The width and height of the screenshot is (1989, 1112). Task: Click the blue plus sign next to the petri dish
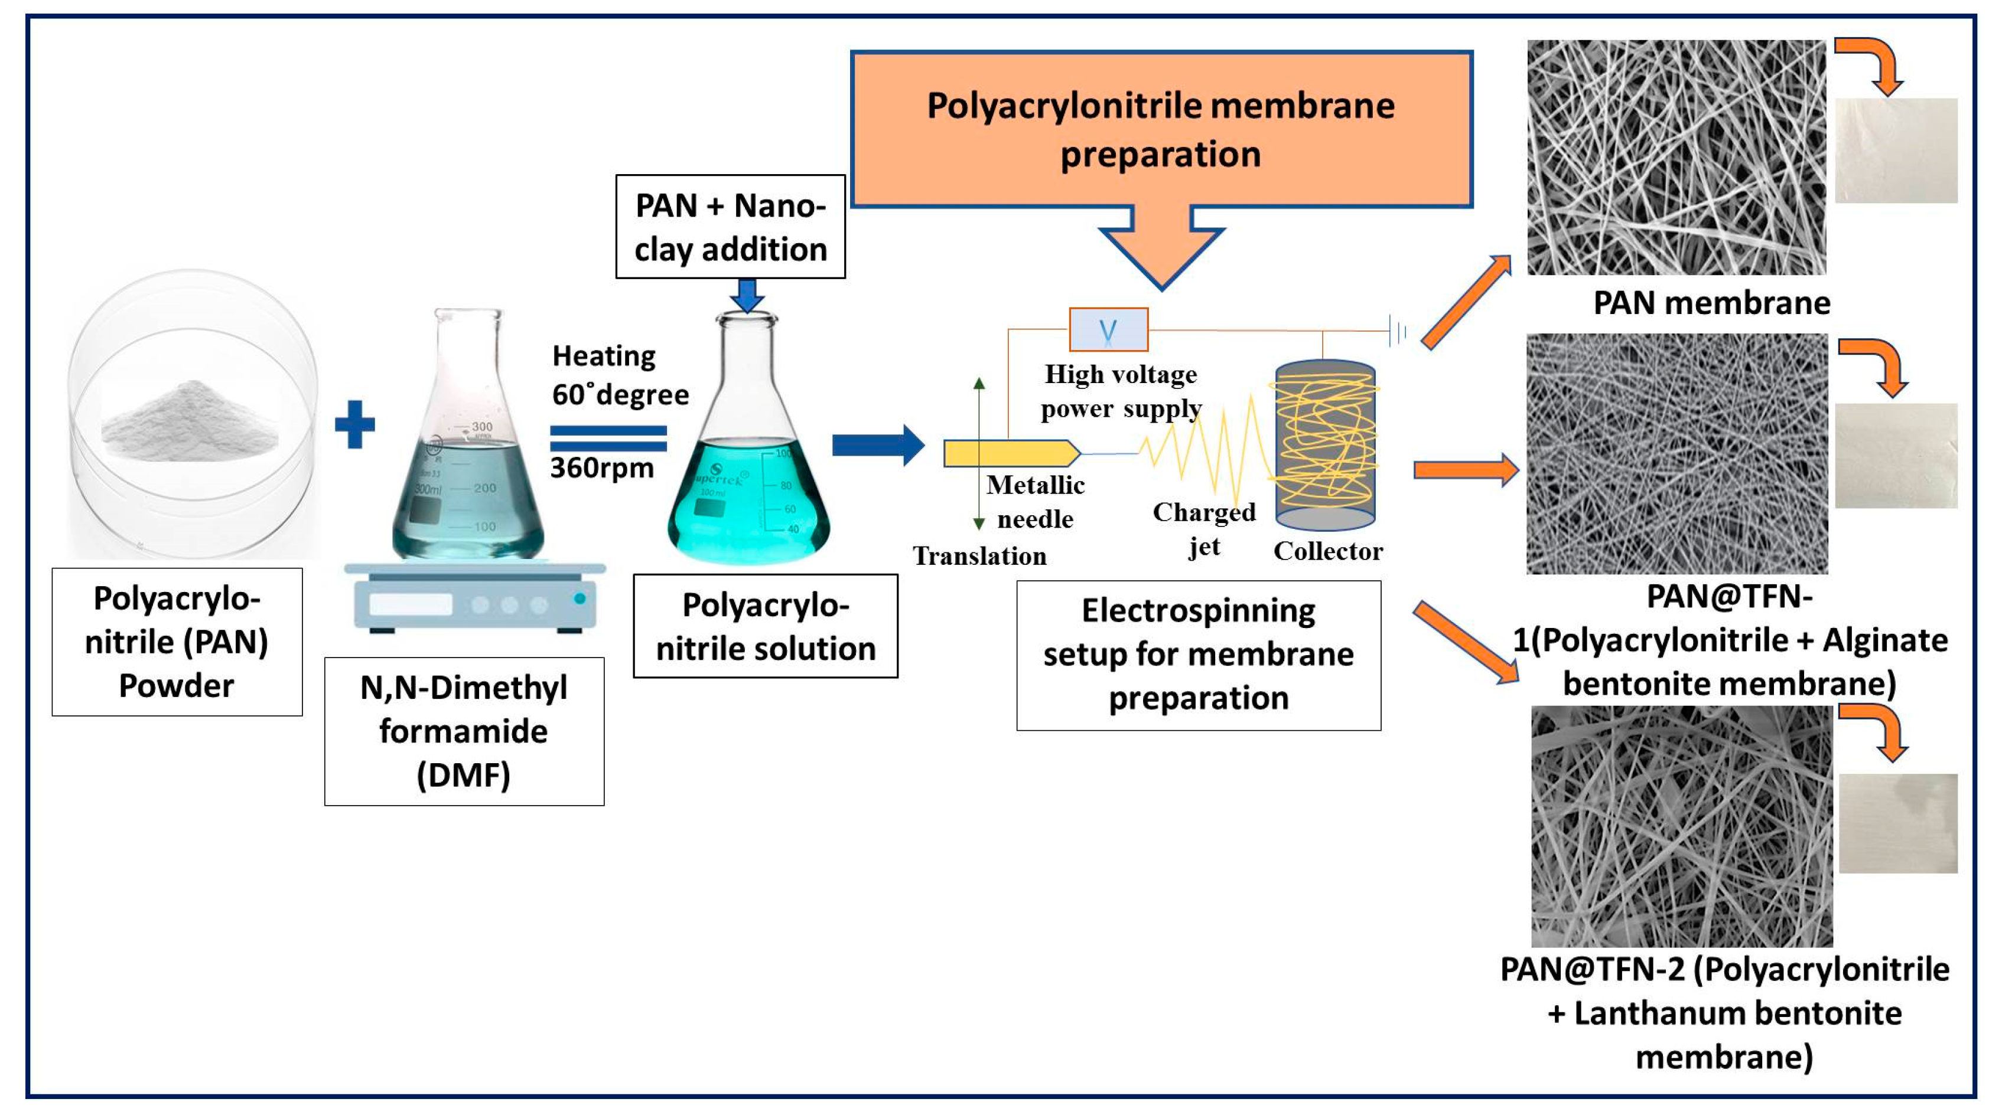tap(354, 424)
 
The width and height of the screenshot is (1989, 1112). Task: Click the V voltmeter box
tap(1108, 329)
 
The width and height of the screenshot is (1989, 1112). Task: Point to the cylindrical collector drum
tap(1325, 446)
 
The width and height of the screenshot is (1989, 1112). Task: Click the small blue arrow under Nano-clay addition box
tap(747, 294)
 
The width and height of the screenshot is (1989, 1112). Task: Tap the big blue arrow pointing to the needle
tap(878, 445)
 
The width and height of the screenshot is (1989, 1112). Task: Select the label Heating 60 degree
tap(619, 375)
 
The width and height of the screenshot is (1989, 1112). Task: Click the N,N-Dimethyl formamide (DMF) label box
tap(464, 731)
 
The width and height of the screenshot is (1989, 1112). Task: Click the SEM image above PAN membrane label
tap(1677, 158)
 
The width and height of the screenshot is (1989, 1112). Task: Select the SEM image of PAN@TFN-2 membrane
tap(1682, 826)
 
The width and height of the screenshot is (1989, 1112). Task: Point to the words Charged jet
tap(1204, 529)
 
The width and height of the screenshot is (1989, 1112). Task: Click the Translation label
tap(979, 555)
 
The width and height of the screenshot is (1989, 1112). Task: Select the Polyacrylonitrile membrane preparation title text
tap(1161, 130)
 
